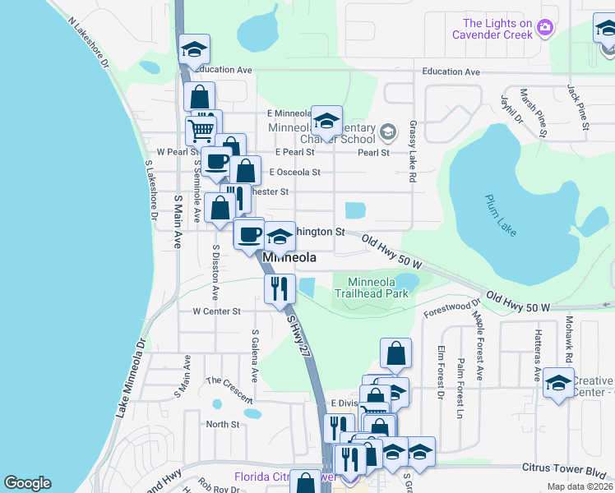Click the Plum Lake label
tap(500, 215)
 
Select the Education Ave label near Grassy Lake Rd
tap(451, 72)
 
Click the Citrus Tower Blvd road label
tap(563, 468)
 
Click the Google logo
tap(27, 483)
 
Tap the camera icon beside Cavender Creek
tap(544, 29)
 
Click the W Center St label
tap(216, 311)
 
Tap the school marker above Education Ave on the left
tap(195, 50)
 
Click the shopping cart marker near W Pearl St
tap(200, 130)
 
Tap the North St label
tap(222, 424)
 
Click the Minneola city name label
tap(289, 257)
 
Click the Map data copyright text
tap(579, 486)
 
